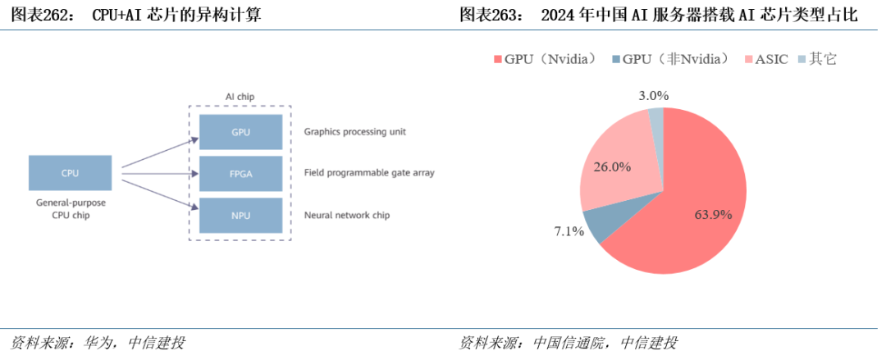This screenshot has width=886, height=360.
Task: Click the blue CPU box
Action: tap(70, 173)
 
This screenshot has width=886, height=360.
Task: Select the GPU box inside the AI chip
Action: tap(240, 131)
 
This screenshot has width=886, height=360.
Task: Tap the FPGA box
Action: tap(240, 173)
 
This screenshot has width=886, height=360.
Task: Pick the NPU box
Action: tap(240, 215)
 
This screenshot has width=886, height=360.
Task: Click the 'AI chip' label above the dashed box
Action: tap(240, 97)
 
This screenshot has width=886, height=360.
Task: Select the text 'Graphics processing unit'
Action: tap(354, 131)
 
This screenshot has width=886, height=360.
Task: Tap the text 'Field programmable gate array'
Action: tap(368, 173)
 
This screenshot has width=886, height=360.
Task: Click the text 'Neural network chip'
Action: tap(346, 215)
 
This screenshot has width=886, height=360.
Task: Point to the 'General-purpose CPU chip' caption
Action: tap(70, 208)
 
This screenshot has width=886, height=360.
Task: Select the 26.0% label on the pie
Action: tap(612, 166)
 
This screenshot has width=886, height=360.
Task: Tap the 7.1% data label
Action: tap(569, 231)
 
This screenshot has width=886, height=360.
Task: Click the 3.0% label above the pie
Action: tap(653, 95)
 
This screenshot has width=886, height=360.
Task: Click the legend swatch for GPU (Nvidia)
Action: tap(497, 59)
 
